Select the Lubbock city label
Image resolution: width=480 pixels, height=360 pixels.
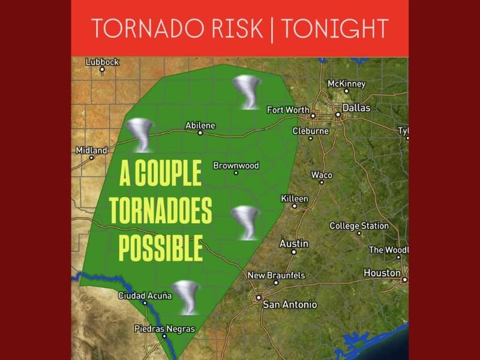click(x=103, y=62)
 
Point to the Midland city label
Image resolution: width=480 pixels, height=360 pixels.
click(x=91, y=150)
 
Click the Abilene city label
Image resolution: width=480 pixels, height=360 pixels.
click(x=200, y=125)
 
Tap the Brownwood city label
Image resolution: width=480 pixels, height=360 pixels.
click(x=236, y=166)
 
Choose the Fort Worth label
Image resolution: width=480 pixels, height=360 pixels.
click(x=288, y=110)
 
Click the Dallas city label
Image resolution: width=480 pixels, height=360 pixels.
click(x=356, y=109)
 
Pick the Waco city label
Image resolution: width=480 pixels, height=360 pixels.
click(x=322, y=175)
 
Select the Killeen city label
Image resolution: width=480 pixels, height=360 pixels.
click(x=295, y=199)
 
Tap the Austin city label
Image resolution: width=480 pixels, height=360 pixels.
click(x=294, y=244)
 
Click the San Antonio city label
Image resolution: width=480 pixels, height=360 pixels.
click(x=290, y=305)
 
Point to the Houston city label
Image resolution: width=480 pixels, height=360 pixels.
click(x=382, y=273)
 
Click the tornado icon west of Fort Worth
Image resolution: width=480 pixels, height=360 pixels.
click(x=245, y=92)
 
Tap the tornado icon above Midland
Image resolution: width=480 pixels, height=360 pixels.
click(x=142, y=134)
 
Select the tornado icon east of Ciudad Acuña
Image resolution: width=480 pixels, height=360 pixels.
click(x=186, y=296)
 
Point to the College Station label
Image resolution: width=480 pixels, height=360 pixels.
click(x=359, y=226)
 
